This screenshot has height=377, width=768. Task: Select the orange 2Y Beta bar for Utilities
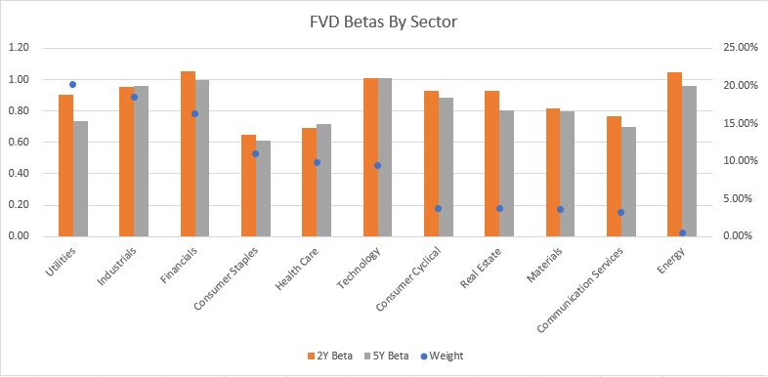(65, 165)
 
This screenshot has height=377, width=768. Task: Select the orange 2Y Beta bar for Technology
(370, 157)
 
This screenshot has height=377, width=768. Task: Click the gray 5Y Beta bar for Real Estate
(506, 173)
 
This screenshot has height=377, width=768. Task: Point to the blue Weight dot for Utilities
(72, 85)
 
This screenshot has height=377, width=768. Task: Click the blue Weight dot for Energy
(682, 232)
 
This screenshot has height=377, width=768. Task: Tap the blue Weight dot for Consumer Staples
(255, 153)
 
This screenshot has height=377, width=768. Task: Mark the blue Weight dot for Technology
(377, 165)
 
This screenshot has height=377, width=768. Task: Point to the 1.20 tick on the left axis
(19, 48)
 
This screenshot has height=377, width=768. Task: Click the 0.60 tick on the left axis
(19, 143)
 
